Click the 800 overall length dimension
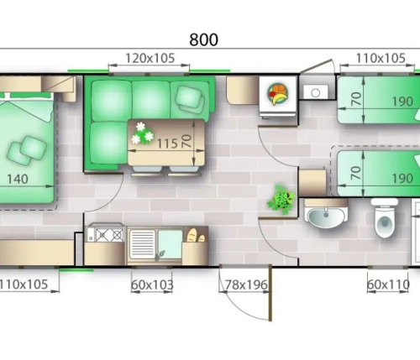point(203,39)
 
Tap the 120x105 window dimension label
point(150,59)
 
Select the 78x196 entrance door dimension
point(246,285)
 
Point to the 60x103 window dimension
point(152,285)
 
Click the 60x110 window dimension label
point(388,285)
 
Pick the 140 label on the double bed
point(18,179)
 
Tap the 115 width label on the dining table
point(167,143)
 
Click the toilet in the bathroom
point(385,217)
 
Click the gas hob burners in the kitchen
point(110,235)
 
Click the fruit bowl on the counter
point(278,93)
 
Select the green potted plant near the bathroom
point(281,200)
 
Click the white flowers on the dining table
point(143,133)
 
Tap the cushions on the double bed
point(27,150)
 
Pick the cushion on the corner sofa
point(191,99)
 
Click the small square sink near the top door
point(316,92)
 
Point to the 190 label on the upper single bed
point(402,102)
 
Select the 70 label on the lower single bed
point(356,174)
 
